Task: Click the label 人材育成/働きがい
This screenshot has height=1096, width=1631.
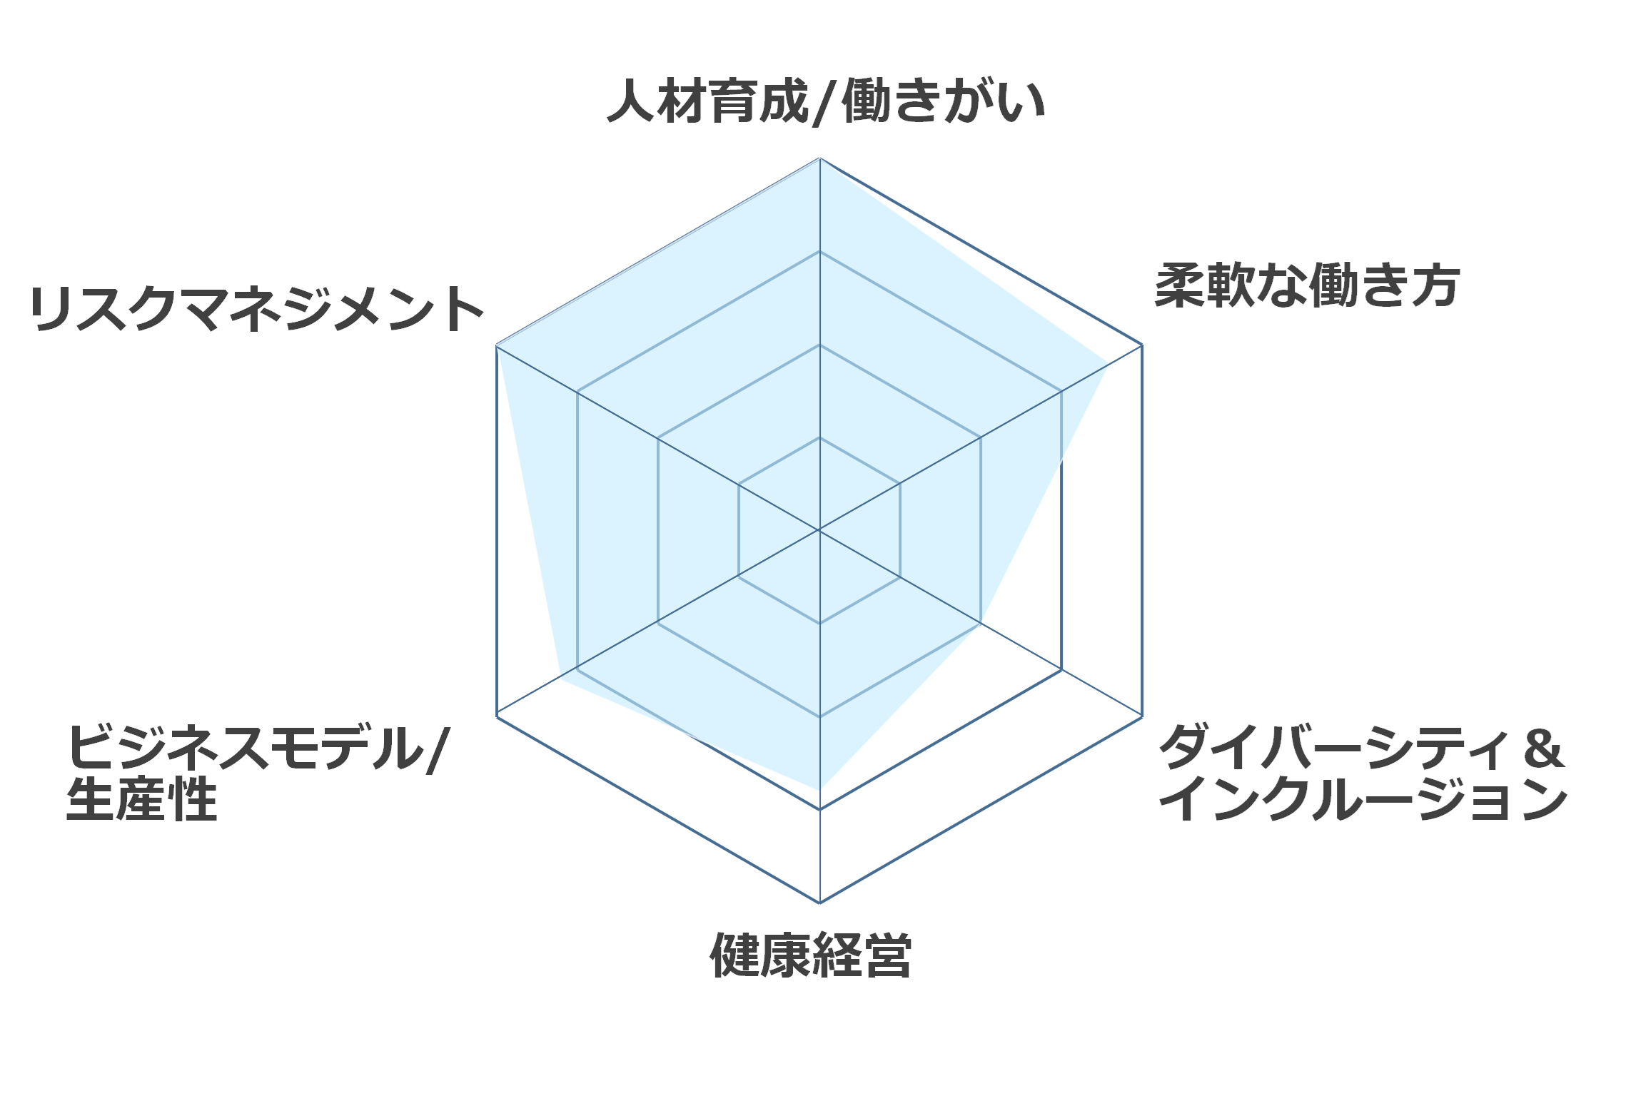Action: [x=826, y=101]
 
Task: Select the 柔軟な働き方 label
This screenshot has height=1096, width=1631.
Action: [x=1306, y=285]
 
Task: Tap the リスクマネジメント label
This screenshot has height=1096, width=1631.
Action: [x=257, y=309]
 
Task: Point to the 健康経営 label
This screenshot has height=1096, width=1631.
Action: [x=811, y=955]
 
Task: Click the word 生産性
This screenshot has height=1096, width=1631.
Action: [x=141, y=800]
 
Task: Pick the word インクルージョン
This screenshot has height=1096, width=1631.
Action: [x=1363, y=799]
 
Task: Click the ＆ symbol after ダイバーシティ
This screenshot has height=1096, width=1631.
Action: [x=1542, y=749]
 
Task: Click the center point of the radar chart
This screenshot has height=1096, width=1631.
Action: [x=819, y=530]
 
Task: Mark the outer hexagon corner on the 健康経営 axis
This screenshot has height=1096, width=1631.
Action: [x=819, y=903]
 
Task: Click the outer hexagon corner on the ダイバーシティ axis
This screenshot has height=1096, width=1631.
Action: [x=1142, y=716]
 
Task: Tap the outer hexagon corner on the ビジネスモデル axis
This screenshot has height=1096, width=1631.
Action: [x=496, y=716]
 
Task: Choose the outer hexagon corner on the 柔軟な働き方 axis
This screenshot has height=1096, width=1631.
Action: [x=1142, y=345]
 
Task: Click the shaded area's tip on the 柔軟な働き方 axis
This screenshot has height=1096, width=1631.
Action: [x=1107, y=365]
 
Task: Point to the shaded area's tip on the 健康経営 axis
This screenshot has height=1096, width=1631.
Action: [x=819, y=789]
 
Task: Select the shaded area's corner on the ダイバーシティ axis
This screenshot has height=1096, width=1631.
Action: [x=981, y=623]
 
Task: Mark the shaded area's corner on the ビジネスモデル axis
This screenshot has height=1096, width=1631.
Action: [x=560, y=680]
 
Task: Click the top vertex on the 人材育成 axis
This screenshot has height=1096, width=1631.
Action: [x=819, y=158]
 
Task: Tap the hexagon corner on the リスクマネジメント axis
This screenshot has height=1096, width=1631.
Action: [x=496, y=345]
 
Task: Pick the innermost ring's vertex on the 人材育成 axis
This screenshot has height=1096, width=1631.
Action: [x=819, y=437]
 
